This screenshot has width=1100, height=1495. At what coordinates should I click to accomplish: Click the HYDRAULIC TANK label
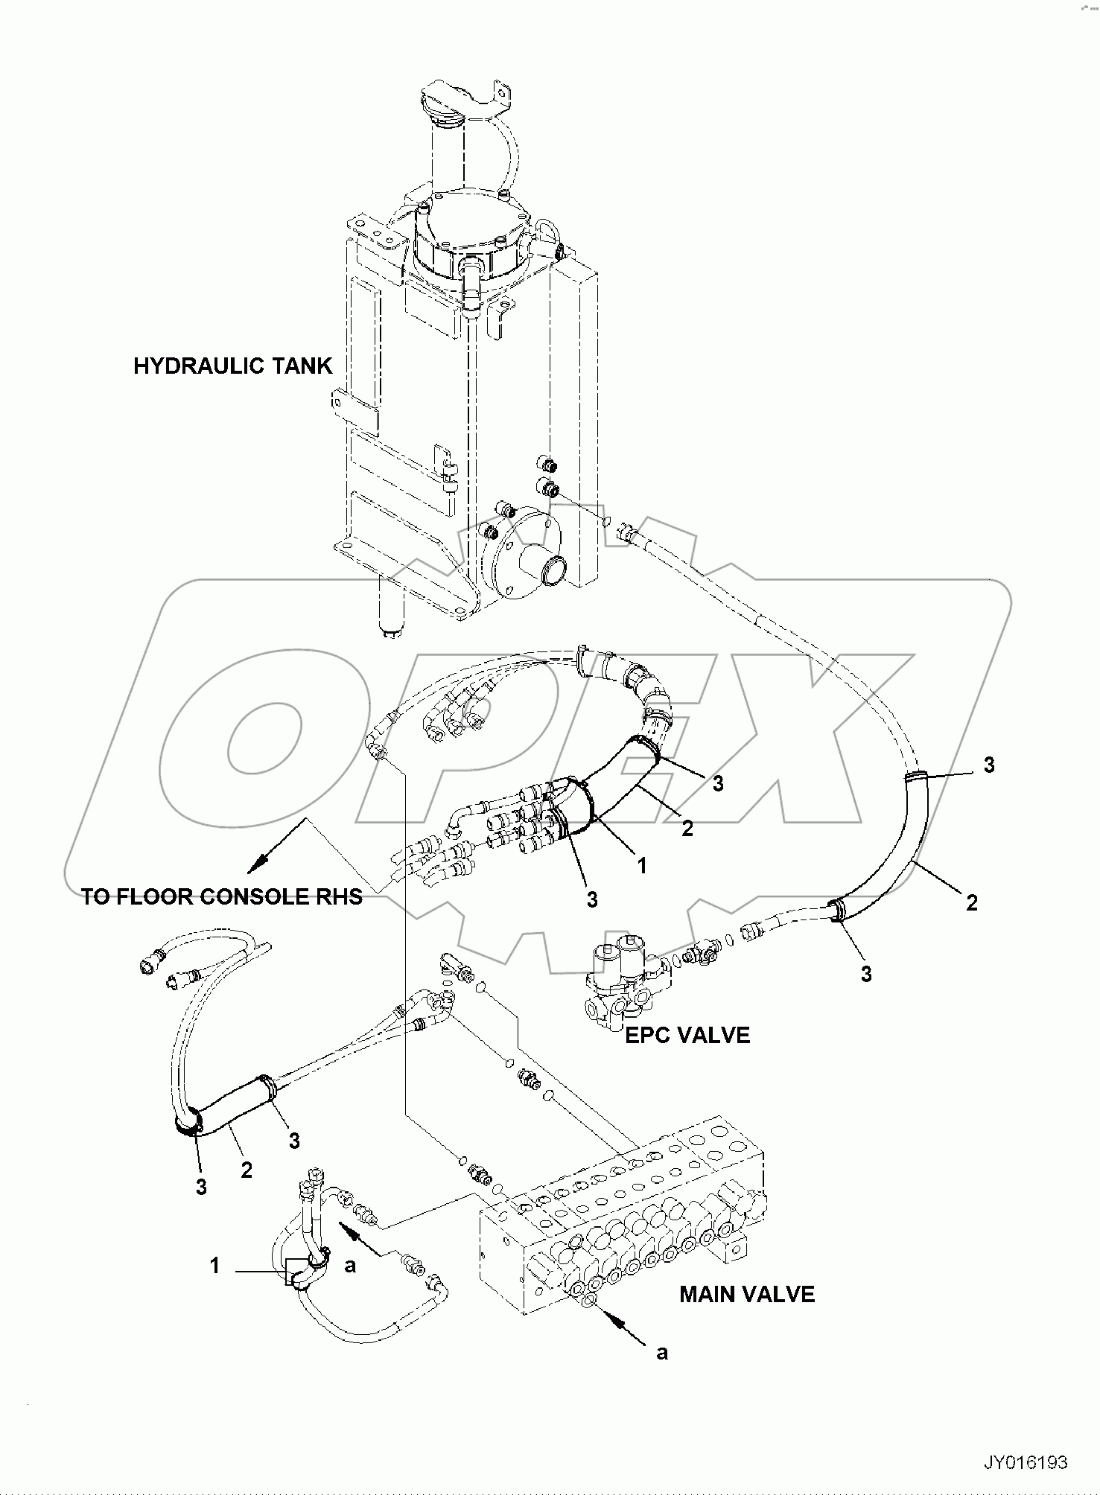point(232,366)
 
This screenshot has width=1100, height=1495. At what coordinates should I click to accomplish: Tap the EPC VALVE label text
point(687,1035)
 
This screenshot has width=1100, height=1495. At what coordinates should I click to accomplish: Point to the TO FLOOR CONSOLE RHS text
point(221,896)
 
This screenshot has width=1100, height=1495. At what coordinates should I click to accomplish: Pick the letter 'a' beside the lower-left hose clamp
point(350,1266)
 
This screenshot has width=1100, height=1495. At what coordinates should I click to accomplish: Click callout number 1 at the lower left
point(214,1266)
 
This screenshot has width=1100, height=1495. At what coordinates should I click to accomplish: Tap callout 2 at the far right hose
point(971,903)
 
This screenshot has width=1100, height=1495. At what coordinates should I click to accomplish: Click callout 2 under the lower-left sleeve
point(247,1170)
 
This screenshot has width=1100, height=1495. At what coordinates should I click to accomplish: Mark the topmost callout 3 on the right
point(989,765)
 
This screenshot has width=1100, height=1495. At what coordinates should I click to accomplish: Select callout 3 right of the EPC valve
point(866,973)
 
